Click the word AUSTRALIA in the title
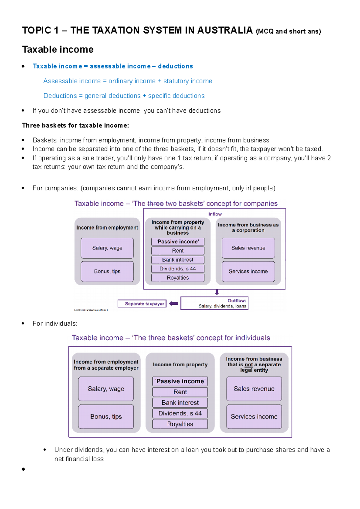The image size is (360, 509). point(225,30)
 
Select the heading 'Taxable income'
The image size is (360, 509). point(58,49)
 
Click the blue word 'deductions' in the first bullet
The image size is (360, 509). point(175,66)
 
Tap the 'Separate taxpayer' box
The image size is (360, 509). point(142,304)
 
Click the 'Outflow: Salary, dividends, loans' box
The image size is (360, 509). point(214,303)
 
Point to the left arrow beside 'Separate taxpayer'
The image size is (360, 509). point(173,304)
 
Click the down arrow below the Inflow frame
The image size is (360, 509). point(217,292)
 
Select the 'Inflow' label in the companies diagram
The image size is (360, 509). point(215,214)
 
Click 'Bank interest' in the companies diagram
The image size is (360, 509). point(178,260)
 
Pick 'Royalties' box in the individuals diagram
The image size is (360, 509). point(180,424)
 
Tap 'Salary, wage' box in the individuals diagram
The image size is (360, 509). point(106,389)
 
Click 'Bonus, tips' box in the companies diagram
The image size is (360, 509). point(107,272)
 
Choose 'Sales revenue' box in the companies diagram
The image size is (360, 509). point(248,248)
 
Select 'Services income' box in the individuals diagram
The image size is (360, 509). point(254,417)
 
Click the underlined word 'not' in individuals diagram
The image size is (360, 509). point(248,365)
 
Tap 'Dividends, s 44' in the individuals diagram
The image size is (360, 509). point(180,413)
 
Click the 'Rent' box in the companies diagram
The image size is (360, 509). point(178,251)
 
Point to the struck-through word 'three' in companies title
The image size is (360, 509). point(155,204)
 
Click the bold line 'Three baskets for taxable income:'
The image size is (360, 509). point(75,126)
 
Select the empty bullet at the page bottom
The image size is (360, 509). point(23,469)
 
